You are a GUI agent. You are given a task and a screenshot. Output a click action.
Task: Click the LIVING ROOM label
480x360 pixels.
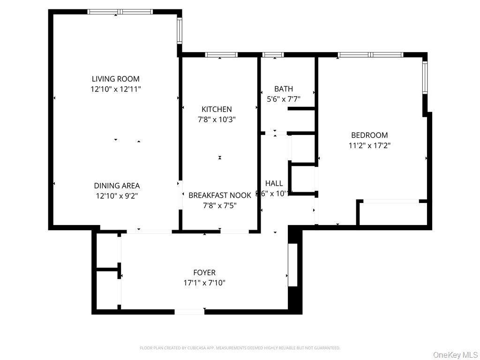pyautogui.click(x=115, y=79)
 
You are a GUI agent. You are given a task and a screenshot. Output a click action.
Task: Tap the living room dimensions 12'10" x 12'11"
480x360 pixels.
pyautogui.click(x=115, y=89)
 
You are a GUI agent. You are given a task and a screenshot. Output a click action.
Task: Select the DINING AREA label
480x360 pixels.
pyautogui.click(x=117, y=186)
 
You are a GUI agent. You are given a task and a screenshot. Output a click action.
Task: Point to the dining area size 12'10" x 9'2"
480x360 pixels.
pyautogui.click(x=117, y=196)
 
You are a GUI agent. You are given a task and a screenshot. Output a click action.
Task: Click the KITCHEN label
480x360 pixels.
pyautogui.click(x=217, y=109)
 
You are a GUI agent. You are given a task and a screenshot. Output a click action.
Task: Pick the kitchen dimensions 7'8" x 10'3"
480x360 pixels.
pyautogui.click(x=217, y=120)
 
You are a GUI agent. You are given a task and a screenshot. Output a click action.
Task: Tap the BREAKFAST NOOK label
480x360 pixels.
pyautogui.click(x=220, y=195)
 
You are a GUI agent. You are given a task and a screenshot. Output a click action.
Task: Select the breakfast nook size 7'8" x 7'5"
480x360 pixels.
pyautogui.click(x=220, y=205)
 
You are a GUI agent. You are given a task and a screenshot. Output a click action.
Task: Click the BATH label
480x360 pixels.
pyautogui.click(x=284, y=89)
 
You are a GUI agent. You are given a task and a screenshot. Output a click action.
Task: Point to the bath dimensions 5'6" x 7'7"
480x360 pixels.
pyautogui.click(x=284, y=99)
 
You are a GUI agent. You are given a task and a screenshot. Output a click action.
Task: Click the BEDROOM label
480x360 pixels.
pyautogui.click(x=369, y=135)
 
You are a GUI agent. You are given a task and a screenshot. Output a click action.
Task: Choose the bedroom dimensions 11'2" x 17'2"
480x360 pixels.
pyautogui.click(x=369, y=146)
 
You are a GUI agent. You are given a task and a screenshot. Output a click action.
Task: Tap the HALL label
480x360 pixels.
pyautogui.click(x=274, y=183)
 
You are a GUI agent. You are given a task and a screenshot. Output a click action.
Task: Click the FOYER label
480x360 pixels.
pyautogui.click(x=204, y=272)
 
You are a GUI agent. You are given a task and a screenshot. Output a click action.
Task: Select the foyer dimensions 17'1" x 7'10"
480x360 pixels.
pyautogui.click(x=204, y=283)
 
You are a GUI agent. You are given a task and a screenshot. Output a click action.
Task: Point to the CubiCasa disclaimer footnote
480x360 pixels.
pyautogui.click(x=240, y=348)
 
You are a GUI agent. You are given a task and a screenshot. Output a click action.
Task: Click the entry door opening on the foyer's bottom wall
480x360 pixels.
pyautogui.click(x=189, y=311)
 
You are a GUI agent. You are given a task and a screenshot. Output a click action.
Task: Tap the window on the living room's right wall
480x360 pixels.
pyautogui.click(x=179, y=30)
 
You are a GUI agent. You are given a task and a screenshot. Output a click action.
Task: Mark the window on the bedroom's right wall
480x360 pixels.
pyautogui.click(x=425, y=77)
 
